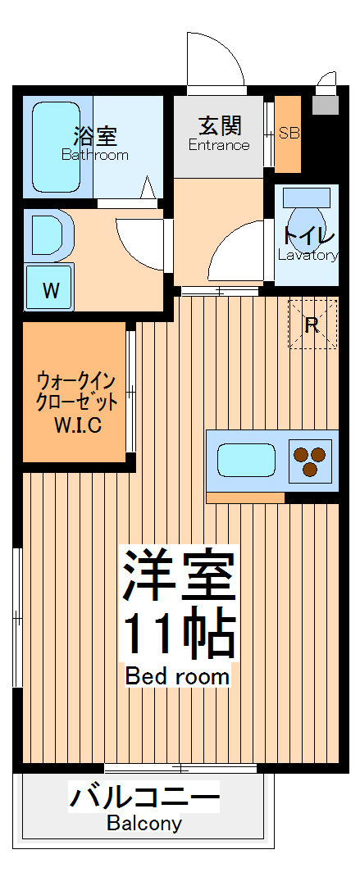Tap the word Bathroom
coord(95,154)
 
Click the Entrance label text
coord(219,146)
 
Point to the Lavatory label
coord(308,255)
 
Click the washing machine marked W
coord(50,289)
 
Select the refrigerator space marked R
coord(312,324)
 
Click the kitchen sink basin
coord(246,461)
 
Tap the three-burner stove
coord(311,461)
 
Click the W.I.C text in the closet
coord(78,425)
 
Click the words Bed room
coord(177,677)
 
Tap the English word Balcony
coord(144,824)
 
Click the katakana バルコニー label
coord(144,797)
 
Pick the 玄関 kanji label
coord(219,126)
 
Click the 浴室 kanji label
coord(95,135)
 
